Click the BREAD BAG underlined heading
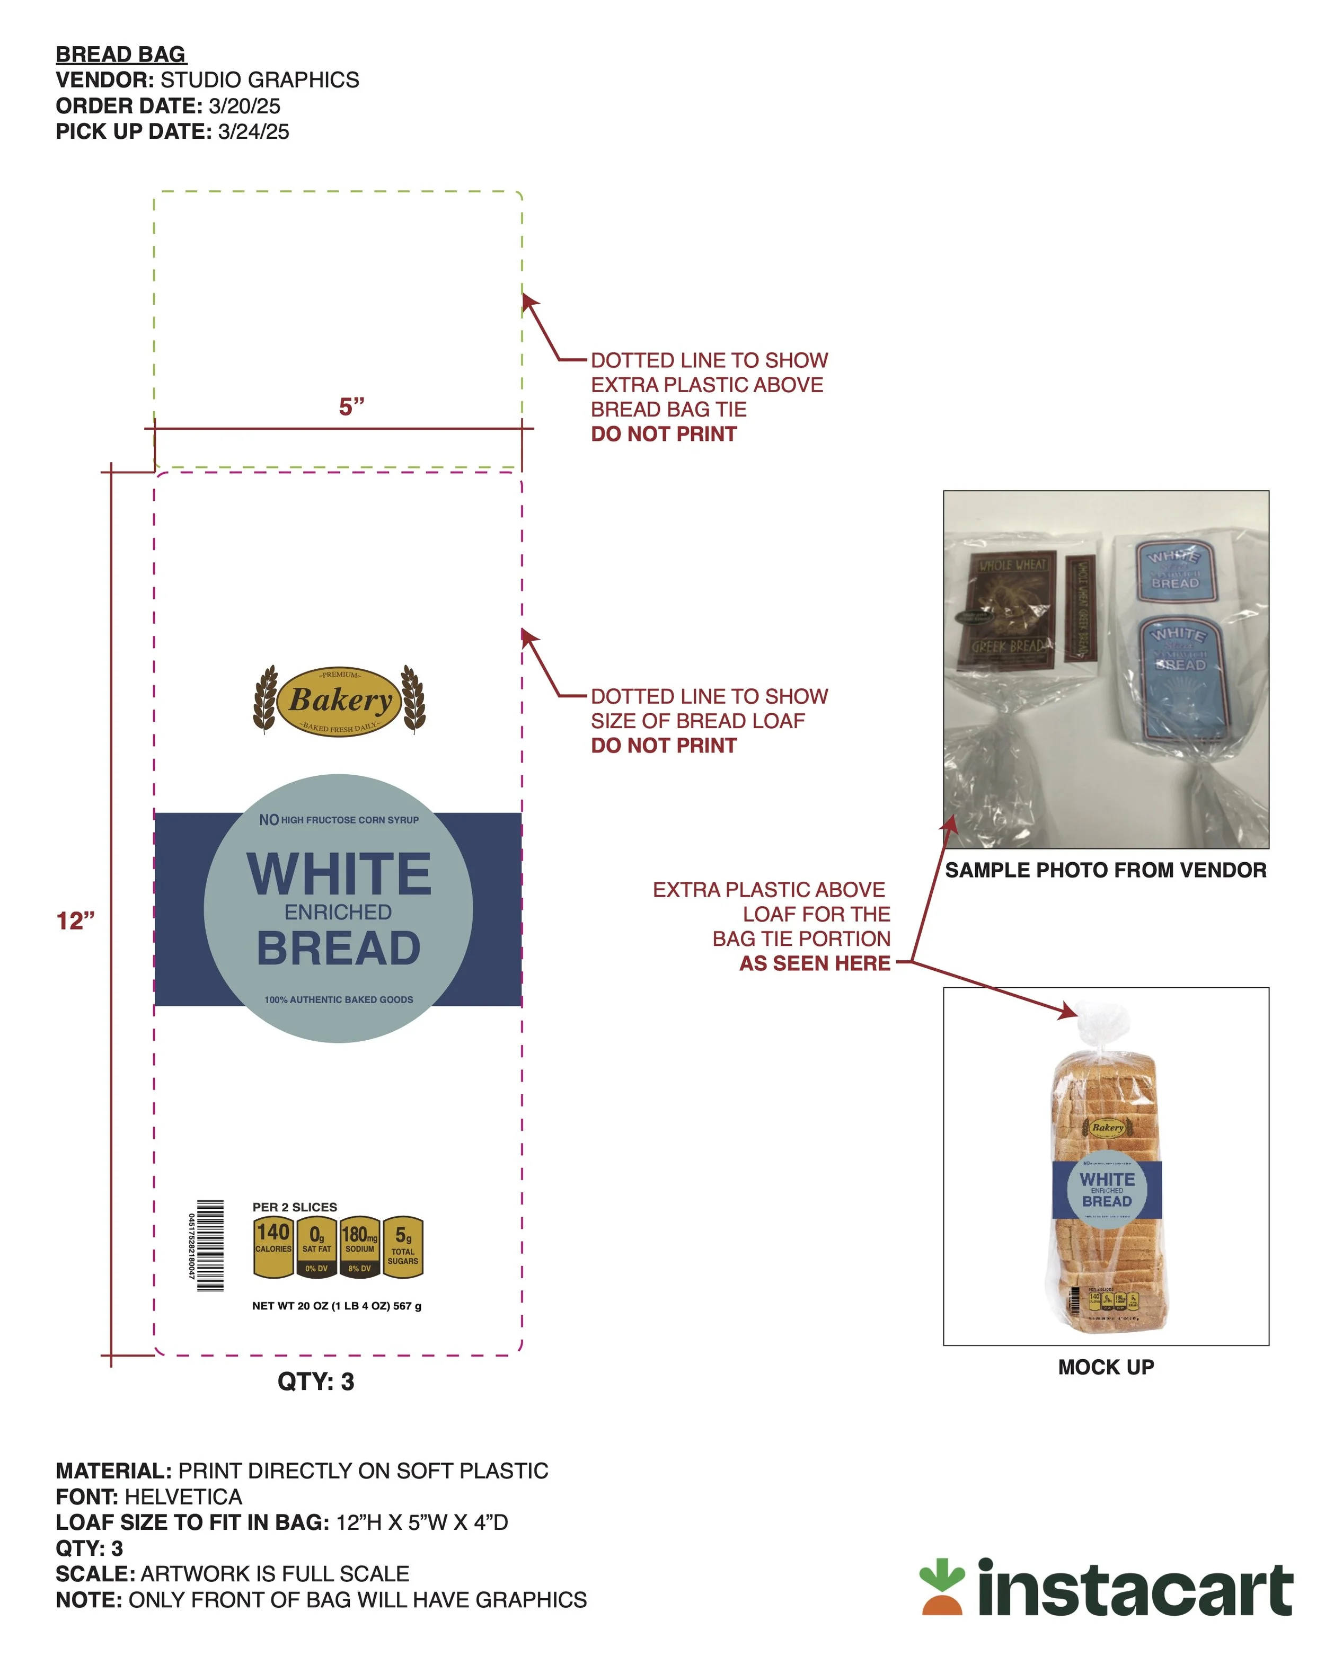click(121, 55)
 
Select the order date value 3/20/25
click(244, 106)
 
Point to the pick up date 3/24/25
click(253, 132)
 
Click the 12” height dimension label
click(75, 920)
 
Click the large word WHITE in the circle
click(339, 875)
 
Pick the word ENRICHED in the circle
click(338, 913)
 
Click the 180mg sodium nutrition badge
click(359, 1246)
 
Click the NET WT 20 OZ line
click(337, 1306)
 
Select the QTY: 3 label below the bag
click(316, 1382)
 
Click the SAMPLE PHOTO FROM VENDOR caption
click(1106, 870)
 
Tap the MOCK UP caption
click(1106, 1367)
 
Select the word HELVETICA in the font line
click(183, 1497)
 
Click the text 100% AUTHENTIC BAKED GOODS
click(339, 1000)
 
